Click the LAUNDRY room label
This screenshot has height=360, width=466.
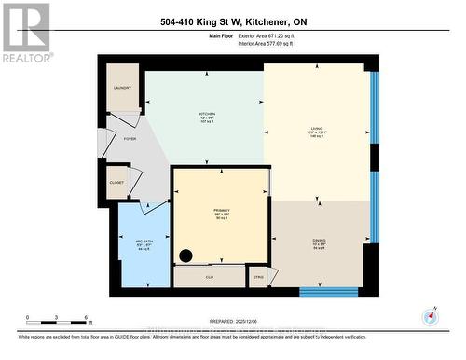tap(123, 88)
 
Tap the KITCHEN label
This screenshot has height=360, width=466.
tap(206, 115)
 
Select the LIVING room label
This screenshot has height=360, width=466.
tap(316, 130)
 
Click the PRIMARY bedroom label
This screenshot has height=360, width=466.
tap(221, 212)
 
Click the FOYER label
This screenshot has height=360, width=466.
tap(130, 139)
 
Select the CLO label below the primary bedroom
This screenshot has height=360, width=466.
tap(210, 277)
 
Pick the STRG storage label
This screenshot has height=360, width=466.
tap(258, 276)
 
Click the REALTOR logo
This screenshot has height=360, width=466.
tap(25, 32)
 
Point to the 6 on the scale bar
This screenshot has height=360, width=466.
tap(86, 318)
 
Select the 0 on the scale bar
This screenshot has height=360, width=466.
tap(28, 318)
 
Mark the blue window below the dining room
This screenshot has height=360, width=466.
tap(328, 291)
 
